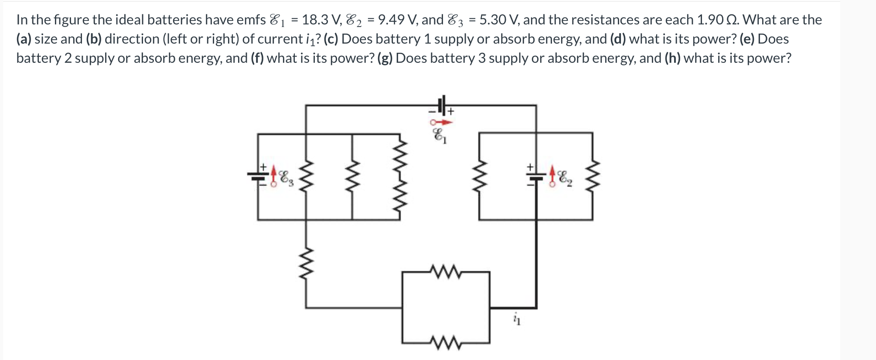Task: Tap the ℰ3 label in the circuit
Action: click(286, 177)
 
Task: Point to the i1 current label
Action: click(517, 319)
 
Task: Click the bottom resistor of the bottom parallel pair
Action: click(445, 343)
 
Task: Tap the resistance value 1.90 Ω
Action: click(717, 20)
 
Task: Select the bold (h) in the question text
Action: click(672, 58)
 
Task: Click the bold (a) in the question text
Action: click(24, 39)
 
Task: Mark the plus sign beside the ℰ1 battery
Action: click(450, 112)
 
